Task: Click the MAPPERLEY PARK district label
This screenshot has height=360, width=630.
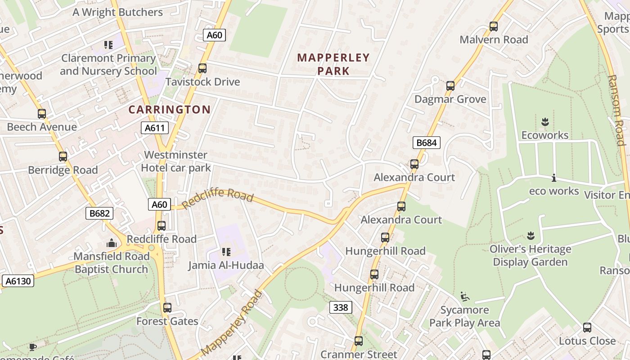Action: [333, 64]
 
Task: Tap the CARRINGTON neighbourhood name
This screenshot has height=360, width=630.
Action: [170, 109]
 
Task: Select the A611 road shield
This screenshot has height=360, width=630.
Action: [154, 128]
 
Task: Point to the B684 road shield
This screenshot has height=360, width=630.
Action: [426, 143]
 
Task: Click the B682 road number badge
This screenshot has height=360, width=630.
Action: [99, 213]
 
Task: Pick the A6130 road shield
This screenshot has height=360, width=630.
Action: [18, 281]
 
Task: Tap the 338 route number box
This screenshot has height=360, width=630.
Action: [341, 307]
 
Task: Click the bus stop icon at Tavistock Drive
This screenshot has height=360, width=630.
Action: [202, 68]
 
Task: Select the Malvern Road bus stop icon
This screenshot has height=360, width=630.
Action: [494, 27]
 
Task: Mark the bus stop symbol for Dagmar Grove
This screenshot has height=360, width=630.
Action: [450, 86]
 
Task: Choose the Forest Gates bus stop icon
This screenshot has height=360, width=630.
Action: [167, 308]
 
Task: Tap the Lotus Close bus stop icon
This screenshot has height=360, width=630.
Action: [587, 328]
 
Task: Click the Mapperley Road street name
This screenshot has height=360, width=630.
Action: [231, 323]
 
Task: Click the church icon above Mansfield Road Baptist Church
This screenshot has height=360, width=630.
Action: [111, 243]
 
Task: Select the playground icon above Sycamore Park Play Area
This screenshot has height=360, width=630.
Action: [465, 297]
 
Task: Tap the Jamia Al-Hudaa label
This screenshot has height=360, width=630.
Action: [226, 265]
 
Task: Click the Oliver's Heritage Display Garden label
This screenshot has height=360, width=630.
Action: [530, 255]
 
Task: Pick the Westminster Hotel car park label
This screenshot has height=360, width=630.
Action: [176, 162]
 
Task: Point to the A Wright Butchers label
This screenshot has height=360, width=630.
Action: [118, 12]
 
